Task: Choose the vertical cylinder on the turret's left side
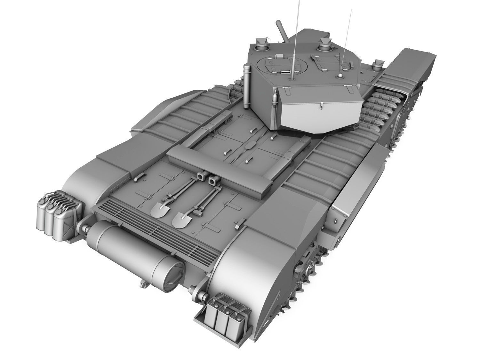pyautogui.click(x=247, y=86)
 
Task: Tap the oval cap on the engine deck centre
pyautogui.click(x=249, y=146)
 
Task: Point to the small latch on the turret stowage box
pyautogui.click(x=321, y=107)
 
